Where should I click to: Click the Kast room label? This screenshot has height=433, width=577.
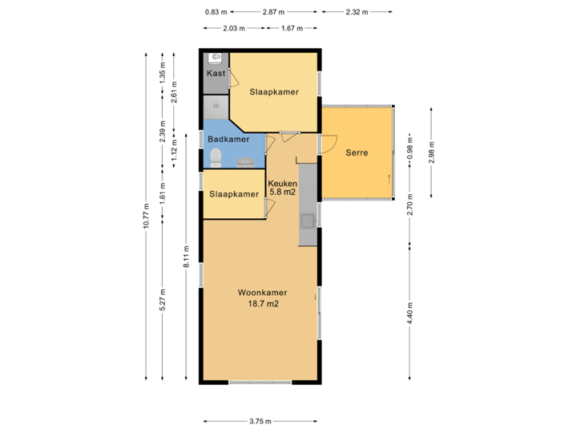216,74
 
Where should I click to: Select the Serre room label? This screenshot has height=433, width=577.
357,152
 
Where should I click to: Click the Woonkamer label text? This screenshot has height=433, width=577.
263,293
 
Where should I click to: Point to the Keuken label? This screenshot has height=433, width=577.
282,182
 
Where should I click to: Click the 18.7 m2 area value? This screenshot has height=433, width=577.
263,304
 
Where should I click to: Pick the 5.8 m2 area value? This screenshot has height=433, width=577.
282,192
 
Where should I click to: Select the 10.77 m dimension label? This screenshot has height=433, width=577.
146,216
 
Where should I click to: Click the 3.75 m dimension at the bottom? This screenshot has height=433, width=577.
260,421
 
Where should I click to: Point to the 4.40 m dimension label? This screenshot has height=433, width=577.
410,311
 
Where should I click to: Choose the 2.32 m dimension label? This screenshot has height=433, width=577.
357,12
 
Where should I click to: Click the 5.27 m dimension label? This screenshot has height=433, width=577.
163,299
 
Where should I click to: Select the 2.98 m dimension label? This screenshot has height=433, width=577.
432,153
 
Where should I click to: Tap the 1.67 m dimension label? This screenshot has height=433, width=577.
293,28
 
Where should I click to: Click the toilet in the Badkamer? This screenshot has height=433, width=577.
215,158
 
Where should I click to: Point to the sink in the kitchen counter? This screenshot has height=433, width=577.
306,221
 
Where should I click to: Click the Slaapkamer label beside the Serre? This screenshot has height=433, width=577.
273,92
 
